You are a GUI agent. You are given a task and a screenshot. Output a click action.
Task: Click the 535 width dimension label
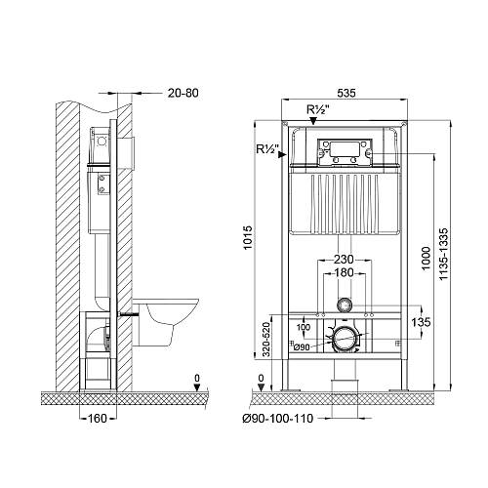(346, 93)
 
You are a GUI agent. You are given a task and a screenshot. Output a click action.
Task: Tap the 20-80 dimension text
(183, 93)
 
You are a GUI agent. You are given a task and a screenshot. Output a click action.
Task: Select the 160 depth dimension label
(98, 418)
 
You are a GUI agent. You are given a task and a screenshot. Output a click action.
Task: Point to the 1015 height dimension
(248, 237)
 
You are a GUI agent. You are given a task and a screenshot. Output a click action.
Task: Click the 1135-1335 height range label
(443, 254)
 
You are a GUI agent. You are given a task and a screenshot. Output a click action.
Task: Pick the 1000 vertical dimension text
(426, 259)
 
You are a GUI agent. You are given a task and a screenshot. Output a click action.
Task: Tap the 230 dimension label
(344, 260)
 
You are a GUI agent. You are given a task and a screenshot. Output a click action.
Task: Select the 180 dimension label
(345, 272)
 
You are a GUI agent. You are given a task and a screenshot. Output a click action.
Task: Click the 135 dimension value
(421, 322)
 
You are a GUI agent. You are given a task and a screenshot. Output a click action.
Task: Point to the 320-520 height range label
(266, 340)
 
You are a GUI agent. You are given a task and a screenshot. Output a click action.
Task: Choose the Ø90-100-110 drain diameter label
(278, 418)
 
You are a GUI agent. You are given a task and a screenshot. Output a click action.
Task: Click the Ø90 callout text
(302, 347)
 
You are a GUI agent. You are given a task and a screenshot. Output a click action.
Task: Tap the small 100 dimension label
(304, 327)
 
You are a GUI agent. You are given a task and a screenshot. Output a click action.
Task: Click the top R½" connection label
(318, 109)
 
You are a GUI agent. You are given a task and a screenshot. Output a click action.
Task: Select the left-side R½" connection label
(268, 149)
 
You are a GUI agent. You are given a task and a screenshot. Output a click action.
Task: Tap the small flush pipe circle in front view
(345, 305)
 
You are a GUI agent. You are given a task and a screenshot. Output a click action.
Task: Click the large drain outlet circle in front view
(345, 340)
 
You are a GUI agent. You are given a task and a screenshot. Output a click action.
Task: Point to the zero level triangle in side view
(196, 387)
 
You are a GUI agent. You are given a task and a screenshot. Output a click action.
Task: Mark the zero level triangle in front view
(261, 387)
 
